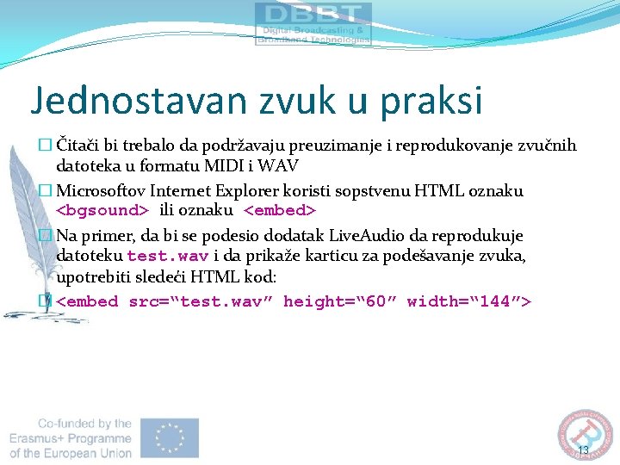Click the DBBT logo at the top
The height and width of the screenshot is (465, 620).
point(313,23)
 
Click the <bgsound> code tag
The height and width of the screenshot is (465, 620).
point(102,210)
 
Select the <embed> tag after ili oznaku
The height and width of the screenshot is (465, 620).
point(281,210)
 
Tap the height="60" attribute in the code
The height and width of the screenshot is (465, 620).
point(338,301)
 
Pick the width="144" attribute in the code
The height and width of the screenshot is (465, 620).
point(469,301)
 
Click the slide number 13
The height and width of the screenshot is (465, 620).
point(583,450)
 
